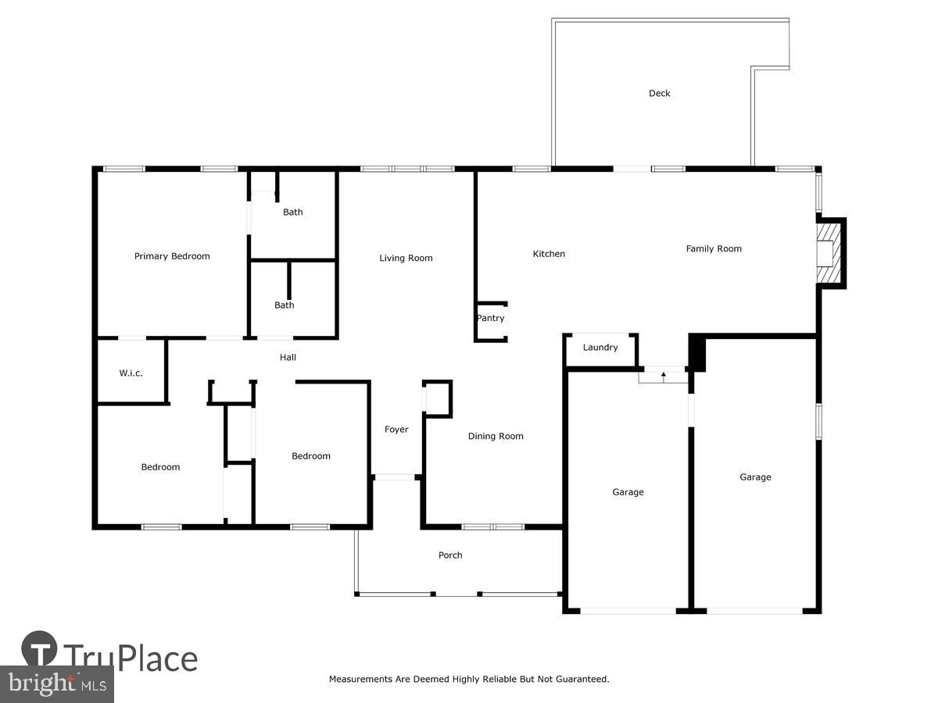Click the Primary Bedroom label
[172, 256]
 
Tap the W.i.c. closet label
[131, 373]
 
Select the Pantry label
[490, 318]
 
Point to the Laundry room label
[600, 348]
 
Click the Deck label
[659, 94]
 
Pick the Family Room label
[714, 249]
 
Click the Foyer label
[396, 430]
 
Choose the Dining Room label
[496, 437]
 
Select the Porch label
[450, 555]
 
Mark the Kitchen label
[549, 254]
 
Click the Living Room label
[406, 259]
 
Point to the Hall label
[288, 358]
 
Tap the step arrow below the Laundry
[664, 376]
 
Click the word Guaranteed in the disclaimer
[578, 680]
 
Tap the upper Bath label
[293, 212]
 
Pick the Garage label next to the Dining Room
[628, 492]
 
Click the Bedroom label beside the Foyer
[311, 456]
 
